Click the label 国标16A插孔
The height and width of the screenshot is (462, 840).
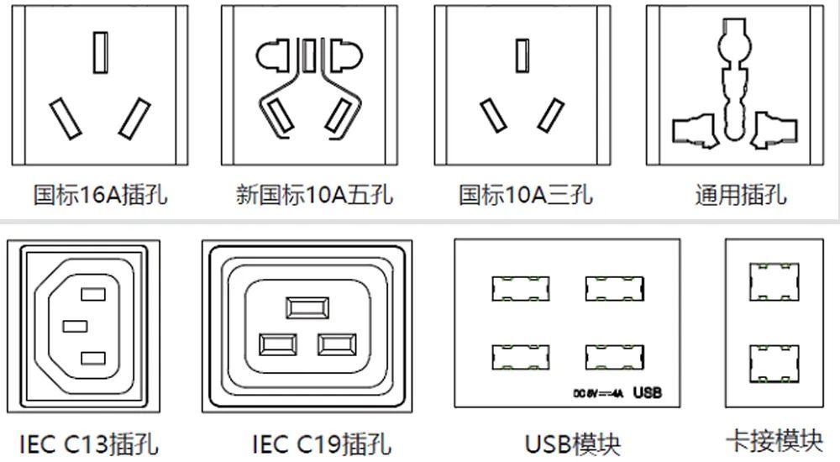click(x=100, y=196)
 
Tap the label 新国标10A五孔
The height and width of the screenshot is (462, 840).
click(x=314, y=196)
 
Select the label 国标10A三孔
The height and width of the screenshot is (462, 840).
click(x=525, y=196)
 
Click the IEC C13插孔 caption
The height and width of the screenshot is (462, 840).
click(x=88, y=444)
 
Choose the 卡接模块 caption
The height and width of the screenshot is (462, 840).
click(x=774, y=441)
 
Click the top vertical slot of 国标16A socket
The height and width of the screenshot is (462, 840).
click(x=100, y=52)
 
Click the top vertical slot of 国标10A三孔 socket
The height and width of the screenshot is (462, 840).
click(x=522, y=55)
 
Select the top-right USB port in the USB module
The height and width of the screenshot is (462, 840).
click(x=614, y=288)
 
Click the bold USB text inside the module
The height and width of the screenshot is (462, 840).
click(x=648, y=392)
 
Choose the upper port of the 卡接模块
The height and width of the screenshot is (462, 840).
click(x=774, y=282)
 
